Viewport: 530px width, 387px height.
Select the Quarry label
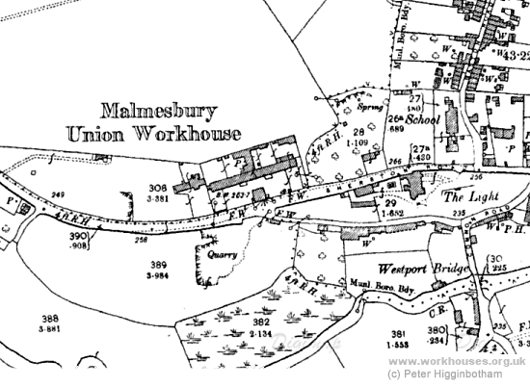217,257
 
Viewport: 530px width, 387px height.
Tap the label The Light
465,195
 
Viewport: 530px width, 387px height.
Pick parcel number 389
154,264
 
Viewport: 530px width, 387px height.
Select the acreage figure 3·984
154,275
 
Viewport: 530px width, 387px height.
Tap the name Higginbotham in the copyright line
482,373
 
